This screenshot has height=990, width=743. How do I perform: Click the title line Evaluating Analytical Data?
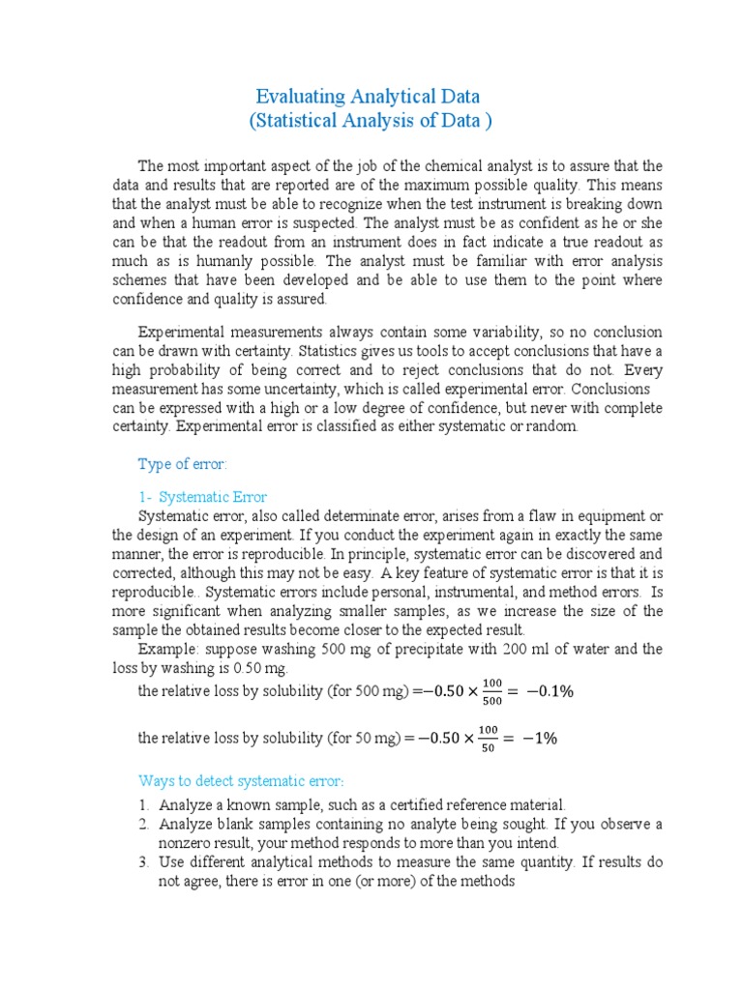point(368,97)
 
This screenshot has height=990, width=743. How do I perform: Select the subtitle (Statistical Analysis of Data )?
point(371,121)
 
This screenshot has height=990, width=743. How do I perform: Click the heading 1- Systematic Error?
point(203,497)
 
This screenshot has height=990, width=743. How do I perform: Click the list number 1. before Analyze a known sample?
point(143,804)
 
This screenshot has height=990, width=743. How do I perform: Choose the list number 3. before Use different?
point(143,862)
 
